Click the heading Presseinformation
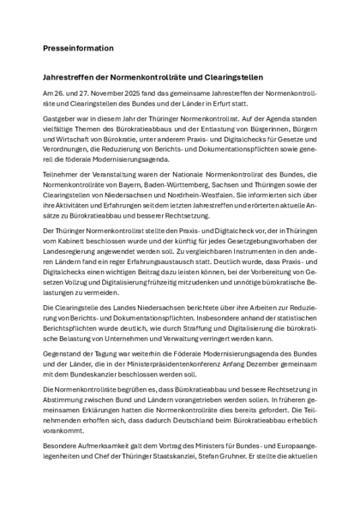click(x=78, y=48)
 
